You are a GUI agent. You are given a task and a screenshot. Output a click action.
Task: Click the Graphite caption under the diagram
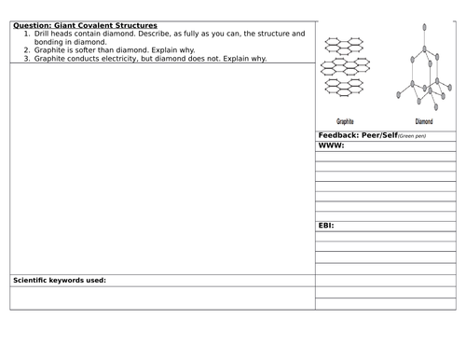(345, 121)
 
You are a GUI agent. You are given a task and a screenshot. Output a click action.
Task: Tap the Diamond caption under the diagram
(423, 121)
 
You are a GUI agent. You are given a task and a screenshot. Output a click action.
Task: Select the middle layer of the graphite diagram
(343, 67)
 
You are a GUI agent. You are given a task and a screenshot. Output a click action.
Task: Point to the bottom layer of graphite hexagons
(343, 86)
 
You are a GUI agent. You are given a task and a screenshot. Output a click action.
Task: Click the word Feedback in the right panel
(336, 135)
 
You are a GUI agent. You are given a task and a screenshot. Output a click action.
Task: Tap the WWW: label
(332, 145)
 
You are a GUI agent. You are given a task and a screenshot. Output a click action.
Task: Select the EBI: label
(327, 226)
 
